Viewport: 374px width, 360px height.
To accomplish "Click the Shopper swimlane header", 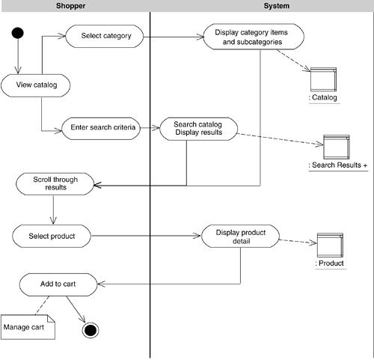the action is pyautogui.click(x=70, y=6).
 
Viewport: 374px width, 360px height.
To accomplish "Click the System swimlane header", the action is pyautogui.click(x=277, y=6).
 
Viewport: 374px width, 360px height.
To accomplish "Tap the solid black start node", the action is pyautogui.click(x=18, y=33).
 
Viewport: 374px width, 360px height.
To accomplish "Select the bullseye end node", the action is pyautogui.click(x=91, y=330).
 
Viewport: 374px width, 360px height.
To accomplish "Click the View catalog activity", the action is pyautogui.click(x=36, y=85).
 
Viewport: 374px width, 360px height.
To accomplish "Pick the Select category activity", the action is pyautogui.click(x=105, y=36).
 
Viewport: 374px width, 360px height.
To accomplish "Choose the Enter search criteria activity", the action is pyautogui.click(x=101, y=129).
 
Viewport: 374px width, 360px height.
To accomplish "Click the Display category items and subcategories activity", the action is pyautogui.click(x=254, y=37).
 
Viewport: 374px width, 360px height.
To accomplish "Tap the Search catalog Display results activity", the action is pyautogui.click(x=198, y=129).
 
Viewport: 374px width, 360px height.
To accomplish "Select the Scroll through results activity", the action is pyautogui.click(x=55, y=184).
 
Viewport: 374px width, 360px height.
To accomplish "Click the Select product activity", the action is pyautogui.click(x=52, y=236).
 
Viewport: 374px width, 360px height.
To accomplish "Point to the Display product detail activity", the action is pyautogui.click(x=240, y=237).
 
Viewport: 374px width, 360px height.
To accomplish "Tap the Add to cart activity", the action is pyautogui.click(x=58, y=284).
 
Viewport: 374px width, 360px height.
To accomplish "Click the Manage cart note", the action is pyautogui.click(x=28, y=327).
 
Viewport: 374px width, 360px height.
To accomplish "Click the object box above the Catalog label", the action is pyautogui.click(x=323, y=79).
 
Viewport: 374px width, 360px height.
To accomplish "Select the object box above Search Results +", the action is pyautogui.click(x=337, y=147).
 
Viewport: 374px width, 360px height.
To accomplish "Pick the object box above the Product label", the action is pyautogui.click(x=330, y=245).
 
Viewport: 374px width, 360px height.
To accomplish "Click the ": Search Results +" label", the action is pyautogui.click(x=338, y=165).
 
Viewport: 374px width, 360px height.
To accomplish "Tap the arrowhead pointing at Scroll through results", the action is pyautogui.click(x=97, y=185).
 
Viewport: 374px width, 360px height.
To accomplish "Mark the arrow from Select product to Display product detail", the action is pyautogui.click(x=147, y=236).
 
